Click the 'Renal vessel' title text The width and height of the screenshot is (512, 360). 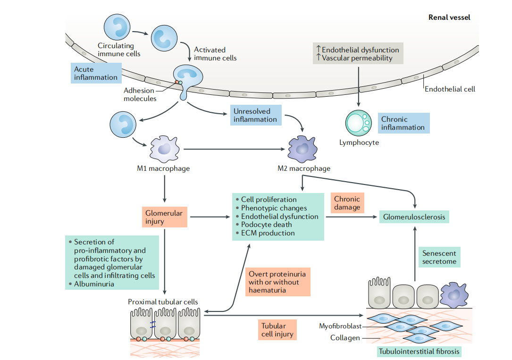click(x=449, y=17)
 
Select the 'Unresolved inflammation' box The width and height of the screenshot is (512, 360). click(x=256, y=115)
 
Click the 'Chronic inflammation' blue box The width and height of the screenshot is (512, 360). click(x=403, y=123)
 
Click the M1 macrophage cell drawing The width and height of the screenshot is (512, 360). click(x=164, y=149)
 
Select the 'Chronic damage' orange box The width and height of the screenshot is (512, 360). click(x=347, y=203)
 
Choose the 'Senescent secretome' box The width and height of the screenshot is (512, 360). click(x=439, y=258)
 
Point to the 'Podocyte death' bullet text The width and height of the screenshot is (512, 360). click(x=267, y=225)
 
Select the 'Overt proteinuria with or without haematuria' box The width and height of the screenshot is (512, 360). click(x=277, y=282)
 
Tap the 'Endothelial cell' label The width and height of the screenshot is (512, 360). click(x=450, y=89)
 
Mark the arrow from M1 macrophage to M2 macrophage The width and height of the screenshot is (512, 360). click(x=235, y=149)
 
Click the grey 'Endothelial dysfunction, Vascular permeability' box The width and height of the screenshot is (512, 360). click(x=358, y=54)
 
